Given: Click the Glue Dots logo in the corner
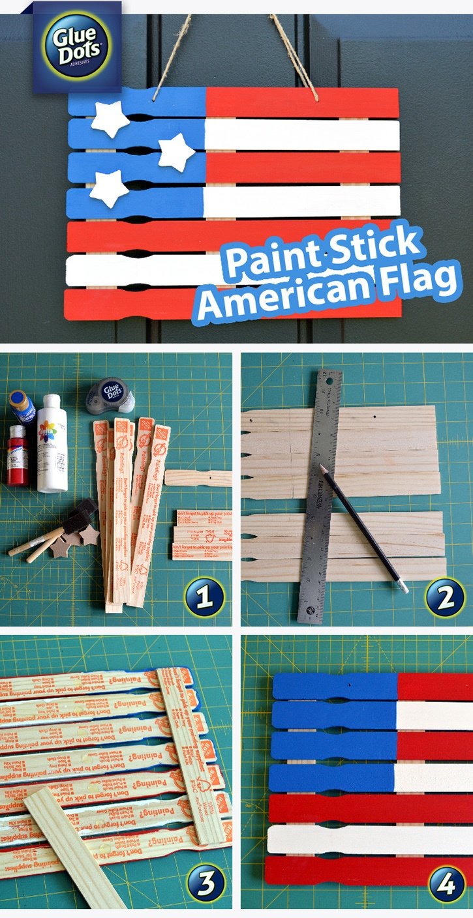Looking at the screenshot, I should [77, 47].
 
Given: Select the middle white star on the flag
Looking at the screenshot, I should [176, 152].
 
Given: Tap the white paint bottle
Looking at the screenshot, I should [52, 443].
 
